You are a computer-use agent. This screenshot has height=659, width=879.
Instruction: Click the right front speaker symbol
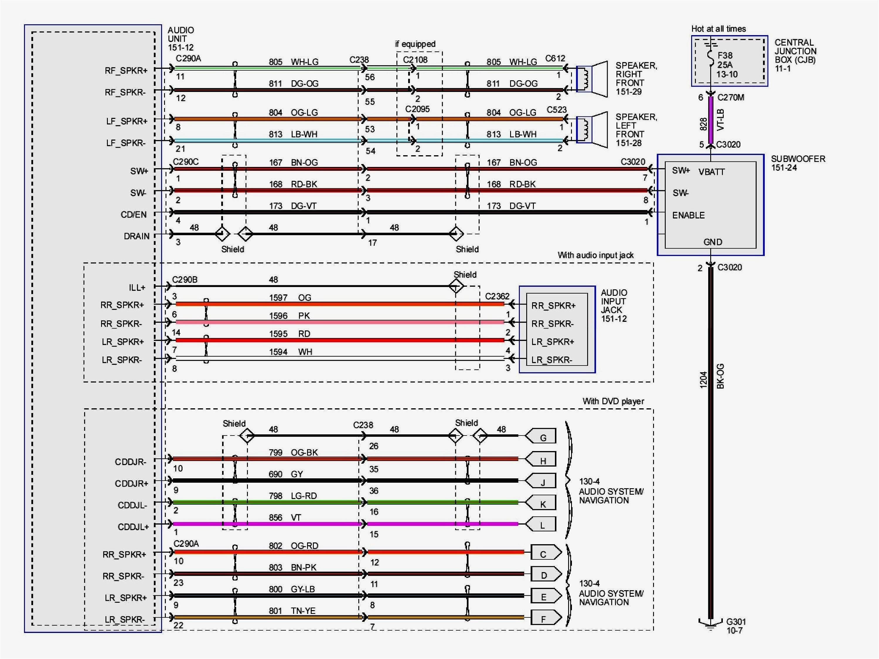(x=592, y=79)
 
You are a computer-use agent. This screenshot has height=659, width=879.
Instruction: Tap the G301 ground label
(x=735, y=626)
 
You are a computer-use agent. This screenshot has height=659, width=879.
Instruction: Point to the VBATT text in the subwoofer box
(x=711, y=172)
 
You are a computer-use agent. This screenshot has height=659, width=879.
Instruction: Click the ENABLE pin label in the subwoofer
(x=688, y=215)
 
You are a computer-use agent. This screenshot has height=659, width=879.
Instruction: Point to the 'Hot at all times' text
(x=718, y=29)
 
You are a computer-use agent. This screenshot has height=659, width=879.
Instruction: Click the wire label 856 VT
(x=285, y=518)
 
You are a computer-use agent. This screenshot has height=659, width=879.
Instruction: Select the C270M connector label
(x=730, y=97)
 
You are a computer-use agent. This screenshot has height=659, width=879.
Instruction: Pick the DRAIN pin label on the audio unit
(x=137, y=236)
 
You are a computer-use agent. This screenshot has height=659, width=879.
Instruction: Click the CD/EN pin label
(x=134, y=214)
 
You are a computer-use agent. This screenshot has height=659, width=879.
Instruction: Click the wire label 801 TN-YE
(x=292, y=611)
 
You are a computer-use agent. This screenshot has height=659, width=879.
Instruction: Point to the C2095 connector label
(x=417, y=109)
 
